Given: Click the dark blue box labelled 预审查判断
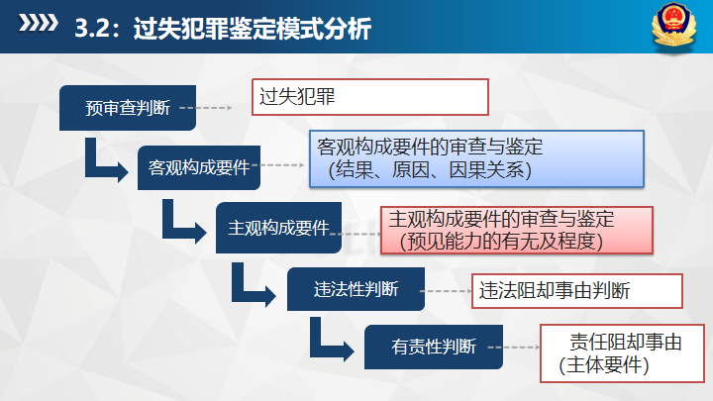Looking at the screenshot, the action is pos(129,106).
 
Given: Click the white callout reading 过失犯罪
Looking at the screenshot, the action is pos(369,97).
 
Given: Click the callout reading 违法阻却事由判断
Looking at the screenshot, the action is pos(576,290).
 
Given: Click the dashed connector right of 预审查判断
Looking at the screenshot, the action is pos(221,107).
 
